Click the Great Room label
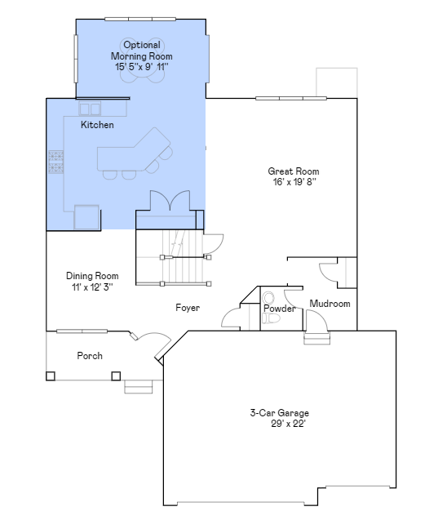[294, 171]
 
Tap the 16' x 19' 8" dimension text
[294, 182]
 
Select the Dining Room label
[92, 276]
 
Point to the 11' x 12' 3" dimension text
[92, 287]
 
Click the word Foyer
[188, 308]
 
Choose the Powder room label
[279, 309]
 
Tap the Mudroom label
[330, 304]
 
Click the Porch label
[90, 356]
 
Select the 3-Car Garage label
[279, 413]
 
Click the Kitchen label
[97, 126]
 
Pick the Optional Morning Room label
[142, 56]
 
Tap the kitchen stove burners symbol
[55, 162]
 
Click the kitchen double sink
[90, 109]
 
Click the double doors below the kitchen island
[170, 201]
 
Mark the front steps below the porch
[138, 386]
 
